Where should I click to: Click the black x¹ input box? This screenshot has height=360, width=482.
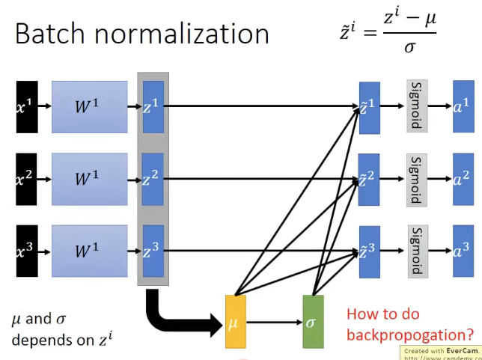(26, 106)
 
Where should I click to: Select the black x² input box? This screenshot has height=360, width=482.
(26, 179)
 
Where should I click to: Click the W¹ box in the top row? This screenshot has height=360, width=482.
(89, 106)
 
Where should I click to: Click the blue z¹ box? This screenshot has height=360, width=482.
(153, 106)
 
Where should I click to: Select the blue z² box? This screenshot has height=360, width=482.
(153, 179)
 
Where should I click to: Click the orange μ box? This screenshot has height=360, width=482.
(235, 322)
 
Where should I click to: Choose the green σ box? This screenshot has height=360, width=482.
(313, 322)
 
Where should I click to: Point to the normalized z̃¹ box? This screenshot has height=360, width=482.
(370, 106)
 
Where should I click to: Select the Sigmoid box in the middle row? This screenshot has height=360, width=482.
(417, 179)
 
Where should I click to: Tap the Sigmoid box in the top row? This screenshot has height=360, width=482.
(417, 106)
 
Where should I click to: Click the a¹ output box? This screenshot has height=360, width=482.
(463, 106)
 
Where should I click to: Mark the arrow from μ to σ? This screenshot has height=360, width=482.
(273, 323)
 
